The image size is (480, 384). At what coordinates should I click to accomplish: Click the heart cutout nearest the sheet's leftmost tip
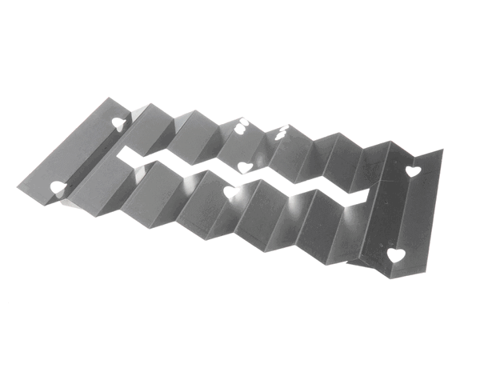tap(58, 187)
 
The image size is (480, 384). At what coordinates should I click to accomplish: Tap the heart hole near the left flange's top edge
tap(118, 124)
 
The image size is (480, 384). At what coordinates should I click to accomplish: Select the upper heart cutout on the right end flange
tap(412, 170)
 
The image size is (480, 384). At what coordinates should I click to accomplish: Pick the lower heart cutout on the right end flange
tap(395, 255)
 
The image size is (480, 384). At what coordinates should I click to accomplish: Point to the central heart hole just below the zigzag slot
tap(230, 193)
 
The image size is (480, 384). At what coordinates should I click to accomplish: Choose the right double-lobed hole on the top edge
tap(282, 134)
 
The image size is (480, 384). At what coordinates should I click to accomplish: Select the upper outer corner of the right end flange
tap(442, 150)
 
